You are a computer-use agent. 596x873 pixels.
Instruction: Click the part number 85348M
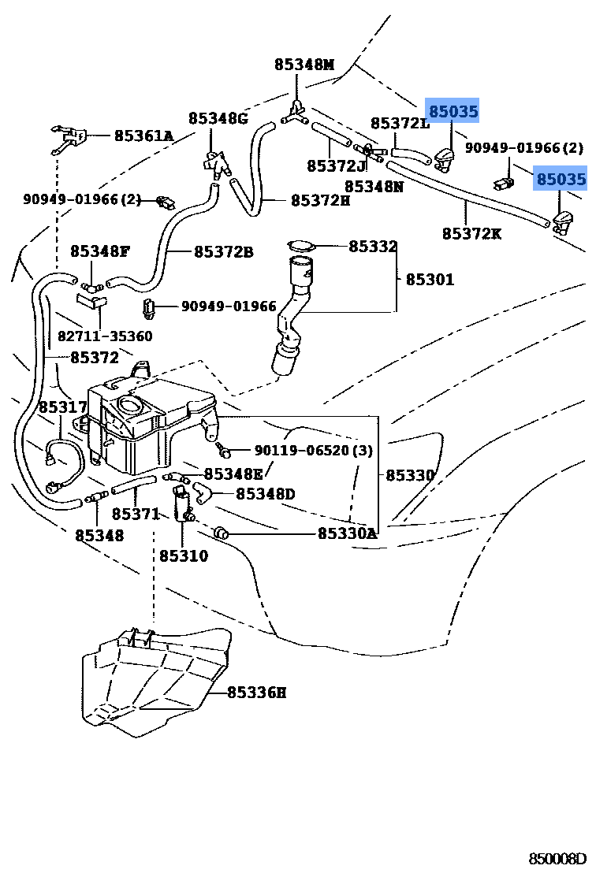(x=304, y=65)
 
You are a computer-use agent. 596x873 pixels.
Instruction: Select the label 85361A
(x=143, y=136)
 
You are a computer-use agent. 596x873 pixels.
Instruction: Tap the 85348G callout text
(x=218, y=118)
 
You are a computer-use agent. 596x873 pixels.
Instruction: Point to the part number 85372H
(x=320, y=200)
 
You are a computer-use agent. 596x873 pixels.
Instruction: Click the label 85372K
(x=471, y=233)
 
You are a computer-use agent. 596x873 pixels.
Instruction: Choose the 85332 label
(x=373, y=247)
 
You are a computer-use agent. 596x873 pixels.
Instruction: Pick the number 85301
(x=430, y=279)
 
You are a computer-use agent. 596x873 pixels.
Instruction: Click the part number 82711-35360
(x=105, y=336)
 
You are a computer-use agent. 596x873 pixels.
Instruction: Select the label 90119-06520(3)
(x=313, y=451)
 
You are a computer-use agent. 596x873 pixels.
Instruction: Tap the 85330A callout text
(x=348, y=533)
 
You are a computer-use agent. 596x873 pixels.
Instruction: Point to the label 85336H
(x=256, y=693)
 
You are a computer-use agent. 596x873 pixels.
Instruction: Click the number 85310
(x=184, y=555)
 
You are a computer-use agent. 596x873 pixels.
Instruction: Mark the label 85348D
(x=265, y=494)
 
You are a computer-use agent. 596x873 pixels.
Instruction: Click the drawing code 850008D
(x=558, y=858)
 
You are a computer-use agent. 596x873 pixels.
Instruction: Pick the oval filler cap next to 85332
(x=300, y=247)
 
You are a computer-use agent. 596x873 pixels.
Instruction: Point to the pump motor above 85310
(x=184, y=503)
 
